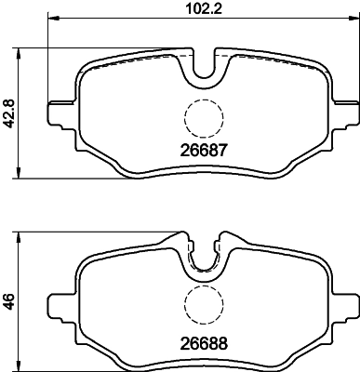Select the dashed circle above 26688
(x=203, y=303)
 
